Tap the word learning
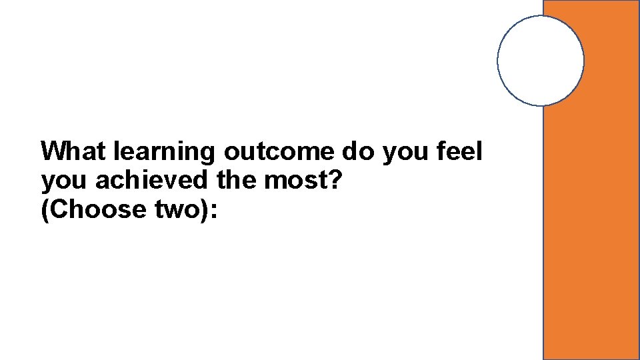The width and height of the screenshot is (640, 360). [x=165, y=153]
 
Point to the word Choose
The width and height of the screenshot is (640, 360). [x=97, y=209]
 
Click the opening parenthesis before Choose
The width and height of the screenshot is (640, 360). [x=45, y=210]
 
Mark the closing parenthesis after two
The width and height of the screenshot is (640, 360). [x=205, y=210]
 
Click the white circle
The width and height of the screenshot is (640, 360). [x=541, y=61]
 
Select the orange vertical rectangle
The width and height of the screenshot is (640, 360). [x=591, y=233]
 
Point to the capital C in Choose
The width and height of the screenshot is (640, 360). [x=59, y=209]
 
